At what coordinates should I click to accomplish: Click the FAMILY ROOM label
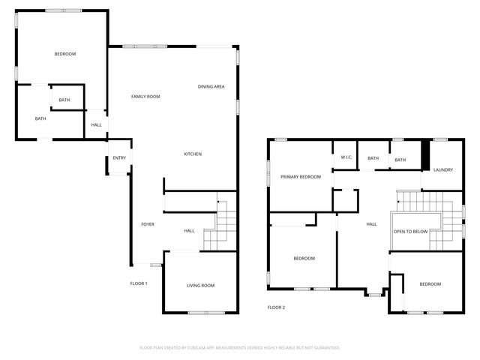145,97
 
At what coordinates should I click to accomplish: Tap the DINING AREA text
211,87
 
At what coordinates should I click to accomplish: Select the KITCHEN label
193,154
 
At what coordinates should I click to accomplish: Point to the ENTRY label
119,158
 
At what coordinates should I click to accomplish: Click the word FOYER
148,224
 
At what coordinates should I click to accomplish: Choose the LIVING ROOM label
200,285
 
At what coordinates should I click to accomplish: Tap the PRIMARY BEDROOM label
301,177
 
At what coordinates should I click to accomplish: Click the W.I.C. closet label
346,157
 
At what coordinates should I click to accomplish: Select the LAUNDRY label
442,169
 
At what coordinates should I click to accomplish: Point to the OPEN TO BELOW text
410,231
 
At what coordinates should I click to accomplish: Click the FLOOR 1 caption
139,283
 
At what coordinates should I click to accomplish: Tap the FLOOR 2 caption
276,307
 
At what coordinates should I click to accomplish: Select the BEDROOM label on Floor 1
65,54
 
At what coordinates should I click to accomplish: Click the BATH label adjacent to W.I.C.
373,158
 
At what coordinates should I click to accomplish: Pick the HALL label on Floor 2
371,224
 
